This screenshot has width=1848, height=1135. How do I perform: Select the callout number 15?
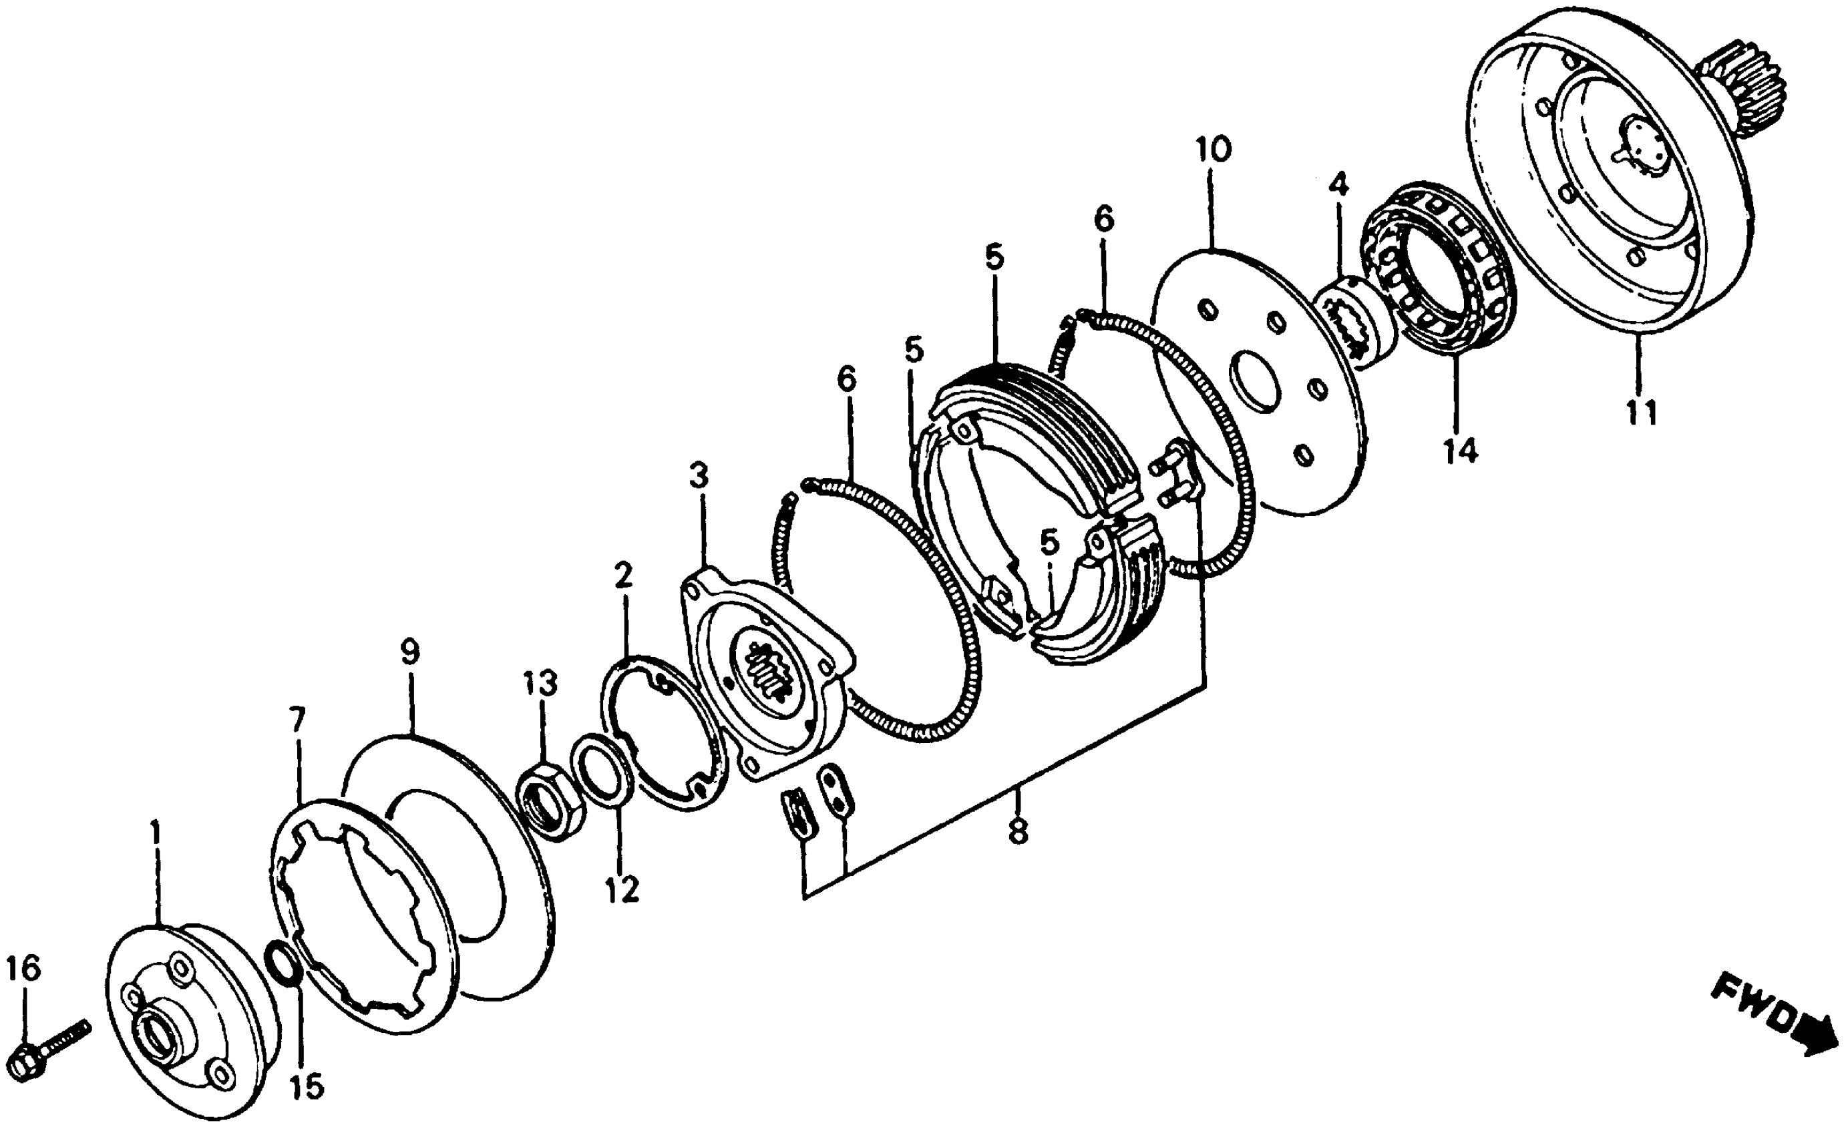click(307, 1086)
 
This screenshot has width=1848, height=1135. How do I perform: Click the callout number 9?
click(409, 652)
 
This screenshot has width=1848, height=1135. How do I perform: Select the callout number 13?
click(541, 683)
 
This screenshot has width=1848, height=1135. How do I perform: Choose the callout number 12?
click(623, 889)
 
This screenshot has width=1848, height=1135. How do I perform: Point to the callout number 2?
click(623, 574)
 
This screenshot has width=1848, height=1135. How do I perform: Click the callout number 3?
click(699, 475)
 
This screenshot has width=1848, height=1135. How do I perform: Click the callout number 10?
click(1213, 149)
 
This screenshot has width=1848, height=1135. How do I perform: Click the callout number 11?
click(1641, 412)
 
